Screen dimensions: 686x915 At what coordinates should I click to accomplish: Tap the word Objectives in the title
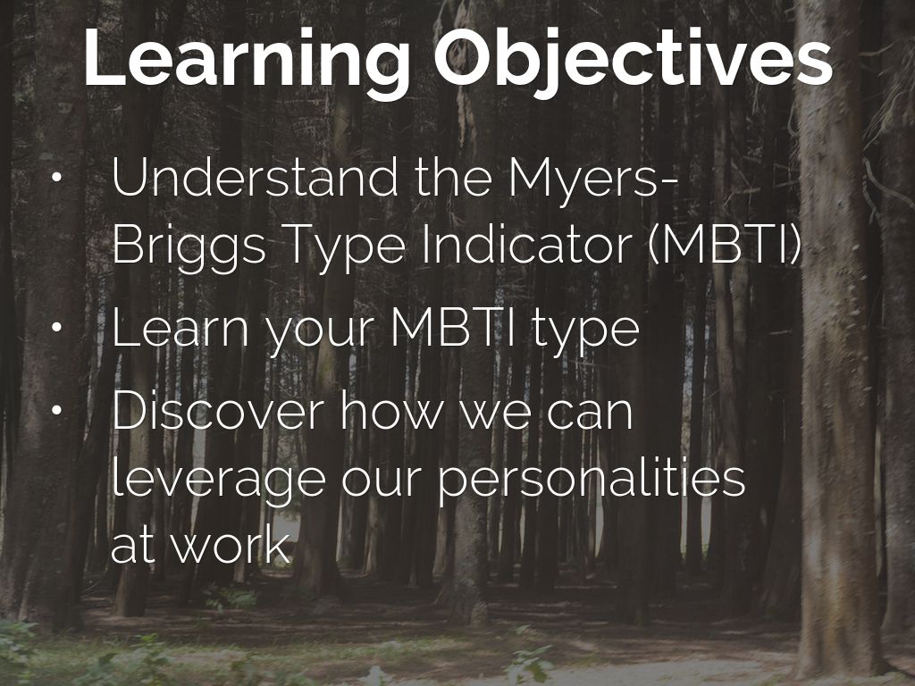633,58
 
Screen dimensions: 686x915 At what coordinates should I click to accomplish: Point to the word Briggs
189,245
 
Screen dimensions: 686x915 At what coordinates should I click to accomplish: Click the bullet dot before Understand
58,180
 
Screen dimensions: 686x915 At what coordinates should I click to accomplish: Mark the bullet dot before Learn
58,330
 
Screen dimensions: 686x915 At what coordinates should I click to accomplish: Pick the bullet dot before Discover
58,413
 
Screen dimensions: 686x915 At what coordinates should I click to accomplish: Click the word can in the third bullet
586,412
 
